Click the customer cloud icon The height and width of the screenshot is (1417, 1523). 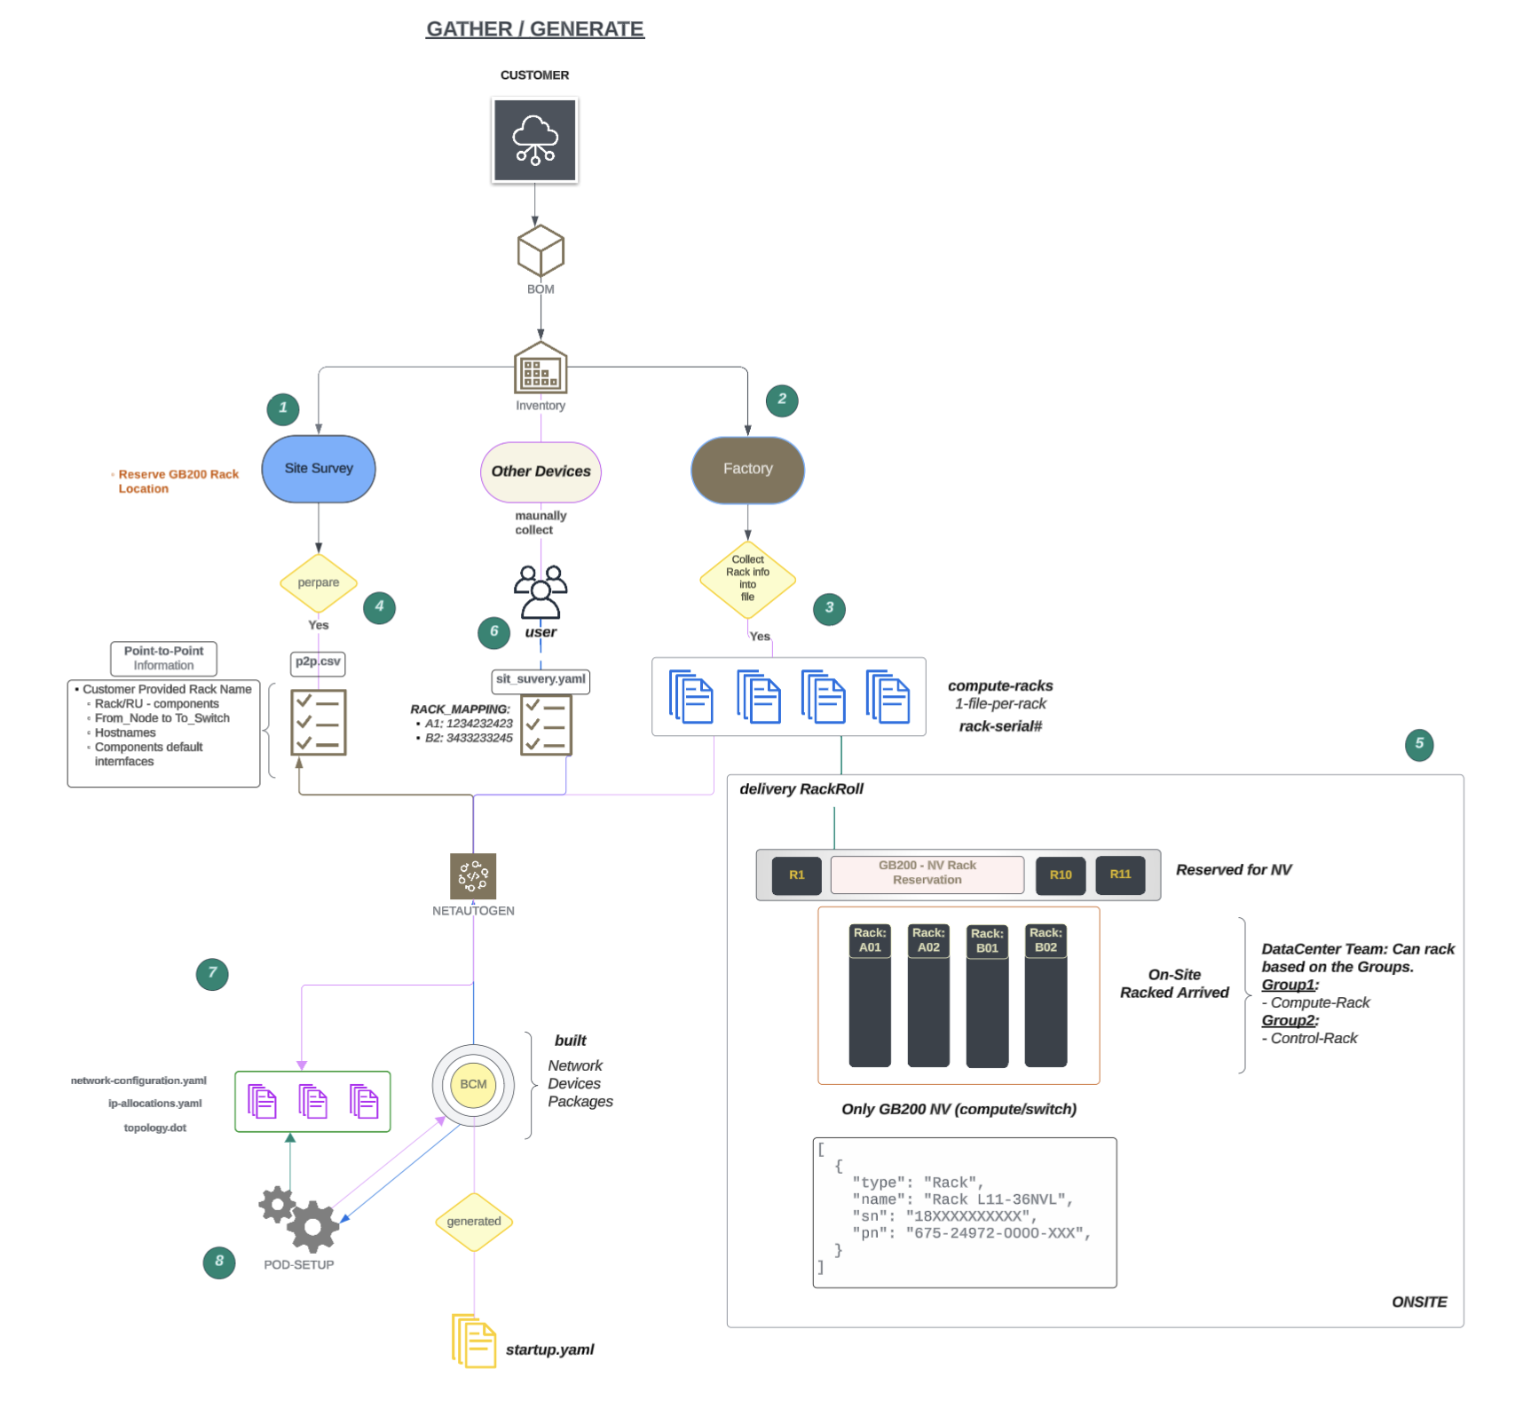tap(534, 140)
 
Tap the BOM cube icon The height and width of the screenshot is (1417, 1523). tap(541, 251)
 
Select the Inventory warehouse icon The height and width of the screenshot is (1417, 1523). tap(541, 368)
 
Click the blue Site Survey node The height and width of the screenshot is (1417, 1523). tap(319, 469)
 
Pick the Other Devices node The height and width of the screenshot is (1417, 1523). tap(541, 471)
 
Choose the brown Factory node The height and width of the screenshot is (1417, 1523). tap(747, 470)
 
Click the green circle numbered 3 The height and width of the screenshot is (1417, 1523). tap(829, 609)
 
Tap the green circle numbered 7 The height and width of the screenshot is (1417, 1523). tap(212, 974)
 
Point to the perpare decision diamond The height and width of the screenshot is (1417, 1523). tap(319, 583)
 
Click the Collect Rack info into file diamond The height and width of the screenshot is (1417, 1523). tap(747, 579)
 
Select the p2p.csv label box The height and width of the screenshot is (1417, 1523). tap(318, 662)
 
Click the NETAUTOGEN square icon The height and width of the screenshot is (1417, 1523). tap(473, 876)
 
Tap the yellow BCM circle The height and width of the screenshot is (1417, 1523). tap(473, 1085)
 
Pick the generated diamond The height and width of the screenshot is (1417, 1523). tap(474, 1222)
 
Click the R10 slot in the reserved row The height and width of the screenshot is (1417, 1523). tap(1061, 875)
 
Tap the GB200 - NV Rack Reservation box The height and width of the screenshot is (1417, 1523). tap(927, 874)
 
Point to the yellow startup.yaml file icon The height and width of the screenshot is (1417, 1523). tap(474, 1342)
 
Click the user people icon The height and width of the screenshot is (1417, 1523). tap(541, 592)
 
